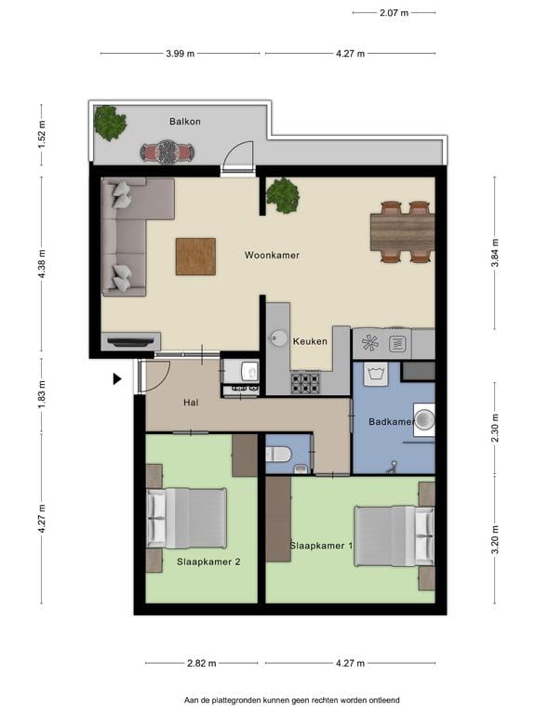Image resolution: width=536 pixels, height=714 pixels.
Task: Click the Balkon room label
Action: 185,122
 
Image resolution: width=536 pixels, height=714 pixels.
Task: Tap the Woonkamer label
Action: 272,255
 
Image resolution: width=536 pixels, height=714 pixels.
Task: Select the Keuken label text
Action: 310,341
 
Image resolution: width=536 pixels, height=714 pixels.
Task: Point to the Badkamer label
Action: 391,422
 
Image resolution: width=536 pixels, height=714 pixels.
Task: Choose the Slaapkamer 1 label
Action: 320,545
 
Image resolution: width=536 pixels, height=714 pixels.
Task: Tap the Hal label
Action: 192,402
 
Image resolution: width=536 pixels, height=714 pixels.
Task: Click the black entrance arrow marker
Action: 117,378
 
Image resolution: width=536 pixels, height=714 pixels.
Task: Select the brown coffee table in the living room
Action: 195,257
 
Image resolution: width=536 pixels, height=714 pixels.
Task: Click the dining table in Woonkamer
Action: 402,232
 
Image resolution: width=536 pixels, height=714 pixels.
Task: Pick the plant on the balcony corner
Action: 110,123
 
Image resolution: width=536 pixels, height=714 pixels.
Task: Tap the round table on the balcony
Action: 167,151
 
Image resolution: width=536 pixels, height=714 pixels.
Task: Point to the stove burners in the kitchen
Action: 305,381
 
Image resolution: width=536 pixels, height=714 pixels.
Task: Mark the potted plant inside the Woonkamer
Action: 282,195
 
